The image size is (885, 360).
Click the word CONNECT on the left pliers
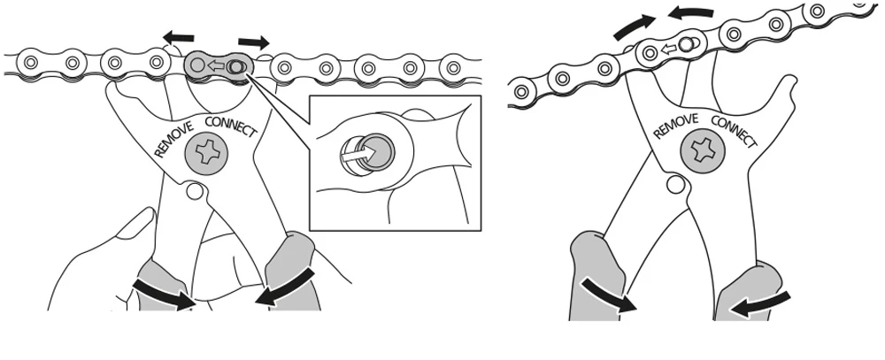click(x=231, y=127)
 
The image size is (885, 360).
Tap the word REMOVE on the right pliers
click(x=675, y=126)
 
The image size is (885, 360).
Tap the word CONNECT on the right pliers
click(x=733, y=131)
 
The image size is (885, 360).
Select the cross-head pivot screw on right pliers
click(x=702, y=152)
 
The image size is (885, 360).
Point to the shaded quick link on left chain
click(x=217, y=66)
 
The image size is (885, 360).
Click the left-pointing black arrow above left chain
click(x=179, y=38)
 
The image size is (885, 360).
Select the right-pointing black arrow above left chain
click(x=254, y=42)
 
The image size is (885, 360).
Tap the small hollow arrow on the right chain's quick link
click(x=669, y=50)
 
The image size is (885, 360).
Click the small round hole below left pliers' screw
click(x=195, y=191)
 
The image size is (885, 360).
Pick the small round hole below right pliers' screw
click(x=675, y=183)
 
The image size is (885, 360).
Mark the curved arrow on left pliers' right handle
click(x=285, y=287)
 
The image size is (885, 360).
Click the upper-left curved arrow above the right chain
click(x=634, y=27)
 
